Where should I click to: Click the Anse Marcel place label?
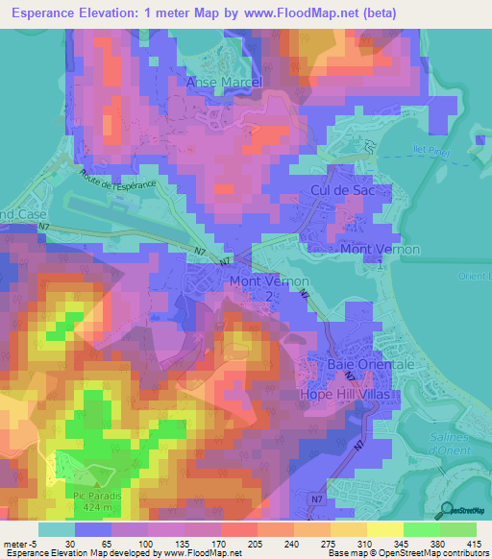click(x=223, y=82)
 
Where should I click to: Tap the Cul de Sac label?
click(x=340, y=191)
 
